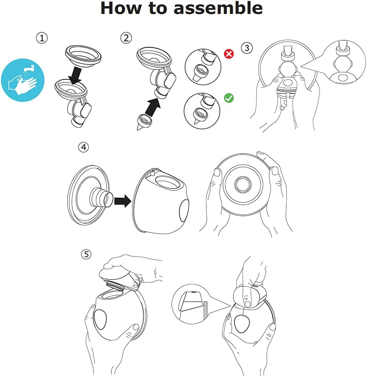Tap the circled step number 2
click(126, 38)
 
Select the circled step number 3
click(247, 48)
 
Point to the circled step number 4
click(83, 147)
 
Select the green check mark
click(229, 97)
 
